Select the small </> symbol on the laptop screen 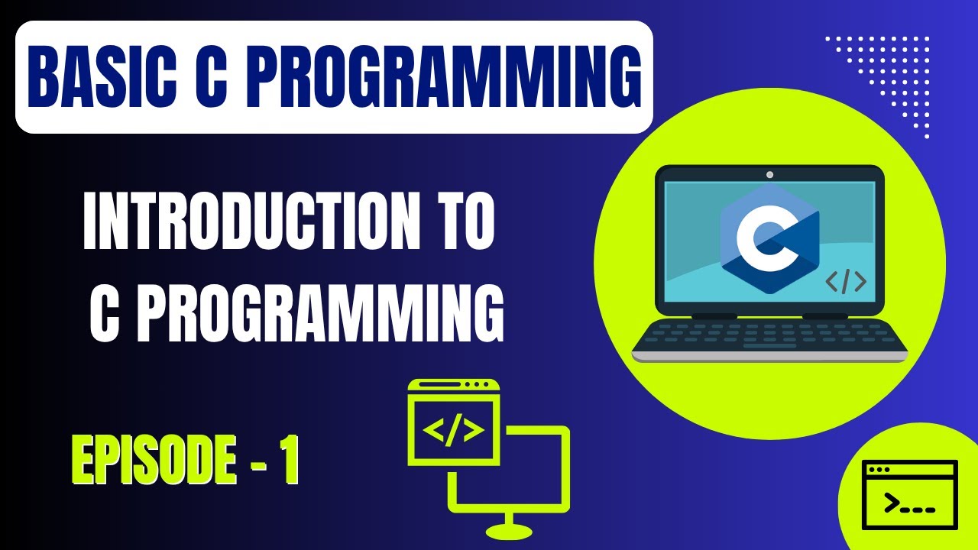point(846,282)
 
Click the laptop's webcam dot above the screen point(769,175)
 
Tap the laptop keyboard point(769,333)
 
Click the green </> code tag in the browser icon point(454,432)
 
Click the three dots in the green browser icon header point(477,383)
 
